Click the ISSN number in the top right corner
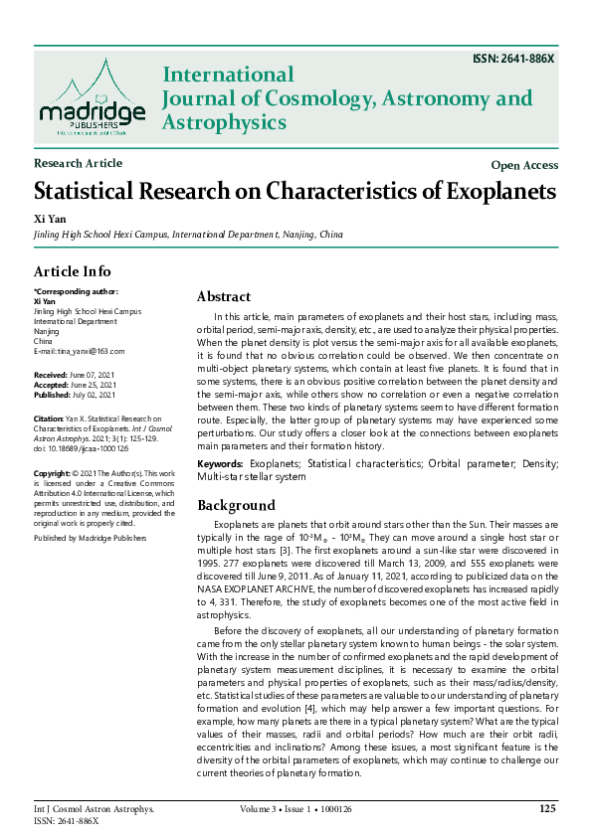point(513,60)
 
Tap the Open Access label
point(524,165)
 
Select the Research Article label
point(78,163)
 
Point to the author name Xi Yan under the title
point(47,217)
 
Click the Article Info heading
point(73,271)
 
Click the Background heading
point(236,505)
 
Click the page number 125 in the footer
point(546,809)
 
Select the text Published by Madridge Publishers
point(93,537)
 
